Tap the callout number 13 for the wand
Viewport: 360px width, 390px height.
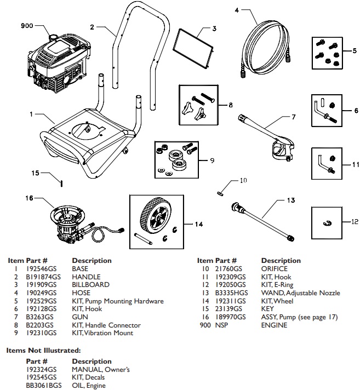click(290, 200)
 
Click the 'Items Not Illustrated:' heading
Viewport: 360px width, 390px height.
click(44, 349)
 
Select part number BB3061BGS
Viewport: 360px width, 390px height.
click(43, 385)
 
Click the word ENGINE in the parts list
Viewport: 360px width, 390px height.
click(275, 325)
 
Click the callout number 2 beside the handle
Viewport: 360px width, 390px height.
click(93, 26)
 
